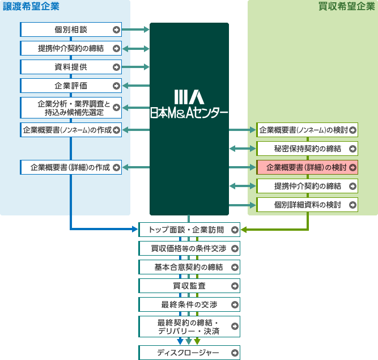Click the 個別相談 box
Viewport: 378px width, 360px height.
71,29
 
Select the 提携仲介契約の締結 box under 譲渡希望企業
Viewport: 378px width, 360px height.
71,48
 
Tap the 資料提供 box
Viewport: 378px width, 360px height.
71,67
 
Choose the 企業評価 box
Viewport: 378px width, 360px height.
71,86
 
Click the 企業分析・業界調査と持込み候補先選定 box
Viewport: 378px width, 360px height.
71,108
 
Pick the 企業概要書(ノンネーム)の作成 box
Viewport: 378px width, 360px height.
71,130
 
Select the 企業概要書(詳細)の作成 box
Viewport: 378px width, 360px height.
71,167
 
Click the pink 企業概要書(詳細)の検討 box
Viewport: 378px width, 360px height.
307,167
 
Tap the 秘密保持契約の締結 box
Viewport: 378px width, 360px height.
307,149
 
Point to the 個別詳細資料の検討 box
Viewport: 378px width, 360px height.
307,205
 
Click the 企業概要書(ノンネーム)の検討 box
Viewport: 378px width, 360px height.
307,130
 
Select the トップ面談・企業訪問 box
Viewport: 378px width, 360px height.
189,230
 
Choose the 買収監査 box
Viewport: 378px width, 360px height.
189,286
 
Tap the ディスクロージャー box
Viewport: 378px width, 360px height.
189,353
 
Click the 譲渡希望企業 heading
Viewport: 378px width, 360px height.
31,7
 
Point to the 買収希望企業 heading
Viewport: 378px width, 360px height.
347,7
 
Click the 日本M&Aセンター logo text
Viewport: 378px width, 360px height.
189,113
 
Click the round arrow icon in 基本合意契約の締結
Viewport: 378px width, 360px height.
235,267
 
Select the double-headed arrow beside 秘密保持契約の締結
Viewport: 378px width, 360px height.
243,149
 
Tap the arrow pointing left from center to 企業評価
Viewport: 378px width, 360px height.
136,86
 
